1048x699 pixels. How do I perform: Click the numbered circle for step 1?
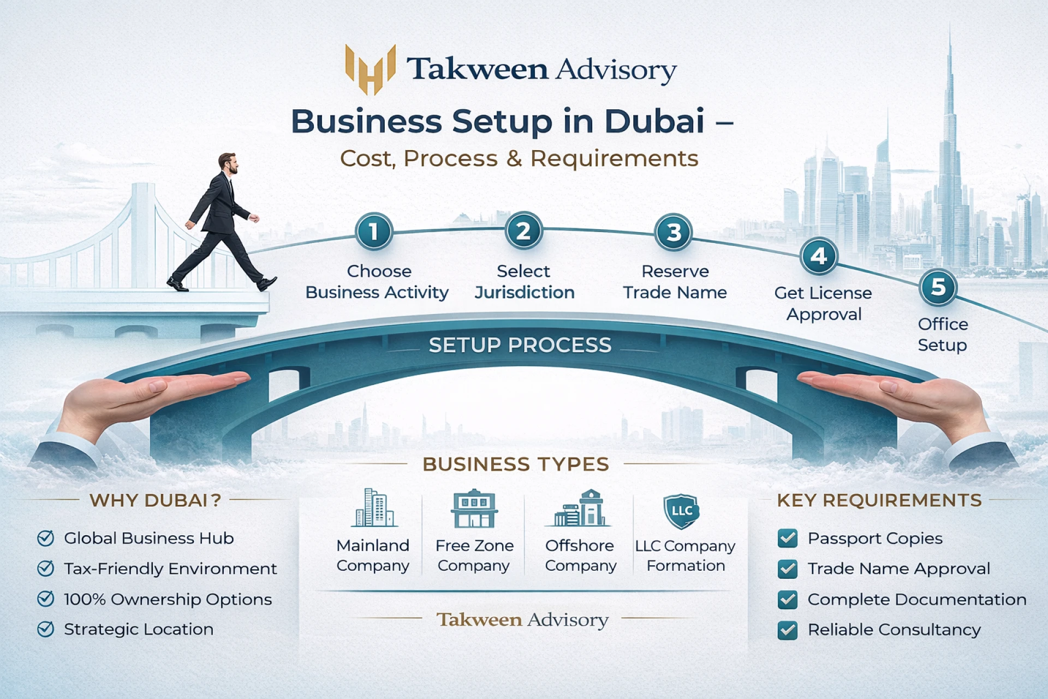tap(374, 232)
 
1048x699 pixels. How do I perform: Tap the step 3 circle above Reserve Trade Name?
tap(674, 232)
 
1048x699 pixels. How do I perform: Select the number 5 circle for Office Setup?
tap(938, 287)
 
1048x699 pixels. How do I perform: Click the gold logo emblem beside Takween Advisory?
tap(371, 69)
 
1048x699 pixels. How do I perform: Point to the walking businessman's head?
tap(228, 162)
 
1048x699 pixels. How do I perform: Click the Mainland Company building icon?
tap(374, 508)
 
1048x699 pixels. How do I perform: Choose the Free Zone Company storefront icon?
tap(474, 508)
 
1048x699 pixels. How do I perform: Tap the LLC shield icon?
tap(681, 511)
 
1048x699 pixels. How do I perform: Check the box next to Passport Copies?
tap(787, 538)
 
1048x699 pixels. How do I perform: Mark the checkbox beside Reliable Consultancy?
tap(787, 630)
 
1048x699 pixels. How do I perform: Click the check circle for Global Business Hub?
tap(45, 538)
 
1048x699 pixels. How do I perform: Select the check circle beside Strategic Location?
tap(45, 629)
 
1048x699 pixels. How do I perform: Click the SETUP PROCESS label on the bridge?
tap(520, 345)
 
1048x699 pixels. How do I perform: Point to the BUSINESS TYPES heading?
tap(515, 464)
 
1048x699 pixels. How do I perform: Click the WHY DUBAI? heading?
tap(155, 500)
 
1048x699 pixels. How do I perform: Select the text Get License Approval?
tap(823, 304)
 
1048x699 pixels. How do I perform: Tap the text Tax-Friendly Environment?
tap(170, 569)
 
